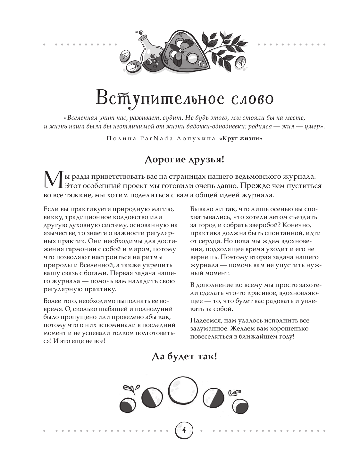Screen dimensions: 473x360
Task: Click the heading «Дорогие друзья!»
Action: click(x=184, y=159)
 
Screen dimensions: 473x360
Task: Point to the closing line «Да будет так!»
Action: click(x=184, y=356)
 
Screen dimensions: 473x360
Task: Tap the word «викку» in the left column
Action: click(x=51, y=217)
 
